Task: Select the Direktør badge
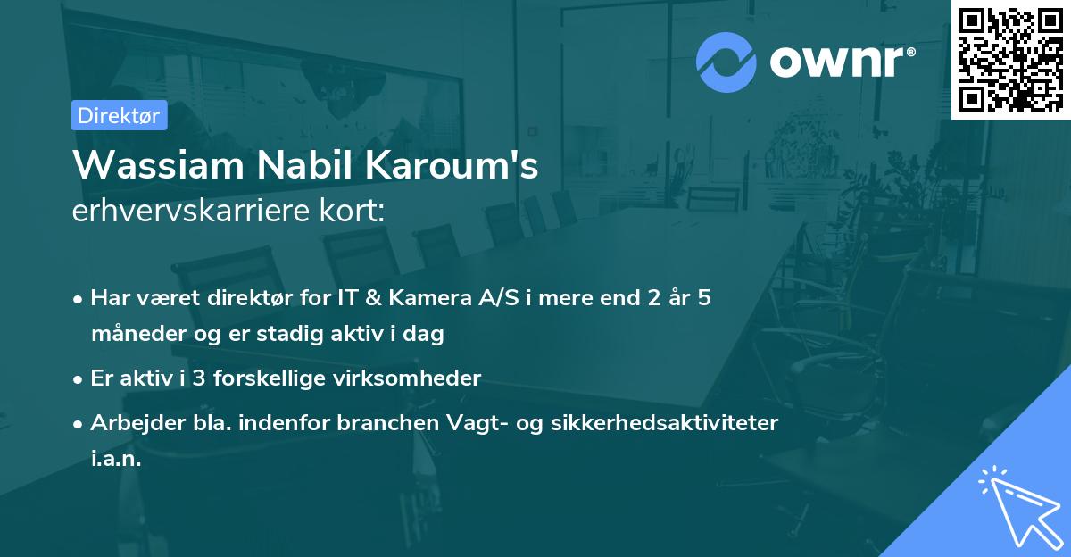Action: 119,115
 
